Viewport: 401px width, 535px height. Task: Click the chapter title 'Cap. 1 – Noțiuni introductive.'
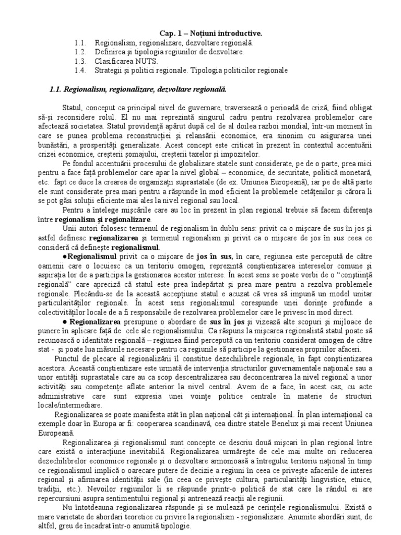pos(200,33)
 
